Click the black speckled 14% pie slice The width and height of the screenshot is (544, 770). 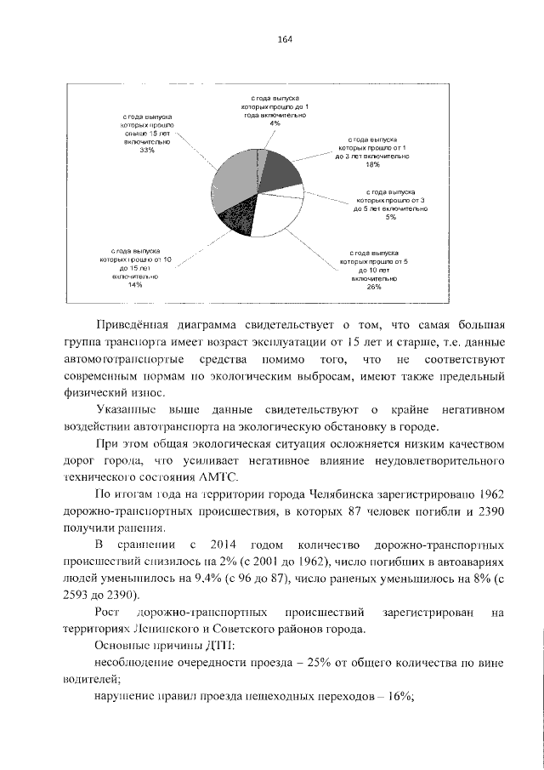[x=233, y=224]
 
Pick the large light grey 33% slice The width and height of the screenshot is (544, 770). [x=233, y=183]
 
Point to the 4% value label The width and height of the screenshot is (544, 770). [x=275, y=124]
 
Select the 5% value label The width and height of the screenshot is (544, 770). [x=390, y=217]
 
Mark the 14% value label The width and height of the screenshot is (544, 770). [x=134, y=285]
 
